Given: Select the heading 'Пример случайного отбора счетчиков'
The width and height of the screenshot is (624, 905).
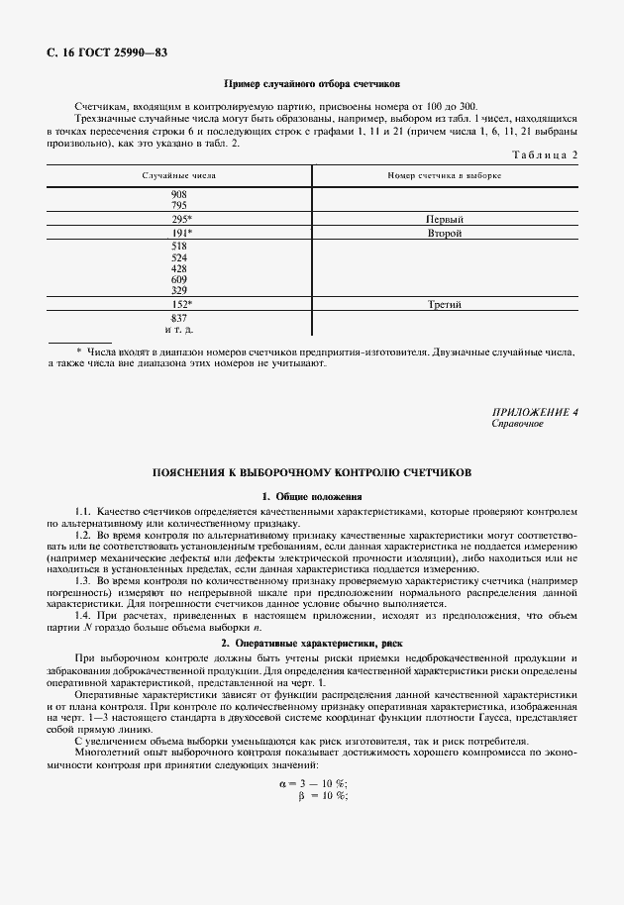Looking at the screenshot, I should pyautogui.click(x=312, y=86).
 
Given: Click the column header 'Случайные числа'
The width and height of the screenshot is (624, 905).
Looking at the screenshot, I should pyautogui.click(x=179, y=175).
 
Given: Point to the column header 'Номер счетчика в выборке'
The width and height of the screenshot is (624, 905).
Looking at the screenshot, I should pyautogui.click(x=445, y=175).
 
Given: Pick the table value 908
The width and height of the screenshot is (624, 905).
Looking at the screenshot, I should pyautogui.click(x=179, y=194).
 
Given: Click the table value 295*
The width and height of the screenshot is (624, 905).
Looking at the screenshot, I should pyautogui.click(x=181, y=219).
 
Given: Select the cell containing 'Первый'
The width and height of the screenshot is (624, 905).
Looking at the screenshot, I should pyautogui.click(x=445, y=219).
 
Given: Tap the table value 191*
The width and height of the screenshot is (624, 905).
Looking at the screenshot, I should pyautogui.click(x=181, y=234).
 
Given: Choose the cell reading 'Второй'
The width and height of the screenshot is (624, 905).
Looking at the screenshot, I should pyautogui.click(x=445, y=234).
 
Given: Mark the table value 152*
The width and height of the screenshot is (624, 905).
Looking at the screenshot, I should pyautogui.click(x=181, y=305).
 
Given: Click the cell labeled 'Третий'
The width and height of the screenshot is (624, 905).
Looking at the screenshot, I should pyautogui.click(x=445, y=305).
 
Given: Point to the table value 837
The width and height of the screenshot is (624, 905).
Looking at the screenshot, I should pyautogui.click(x=179, y=318).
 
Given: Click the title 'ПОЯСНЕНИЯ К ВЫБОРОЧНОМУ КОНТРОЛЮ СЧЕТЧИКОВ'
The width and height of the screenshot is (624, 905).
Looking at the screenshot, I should pyautogui.click(x=312, y=473).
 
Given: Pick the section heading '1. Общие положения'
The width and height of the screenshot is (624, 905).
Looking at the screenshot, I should pyautogui.click(x=312, y=495).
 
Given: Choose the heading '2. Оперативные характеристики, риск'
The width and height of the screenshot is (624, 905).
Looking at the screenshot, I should pyautogui.click(x=312, y=644).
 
